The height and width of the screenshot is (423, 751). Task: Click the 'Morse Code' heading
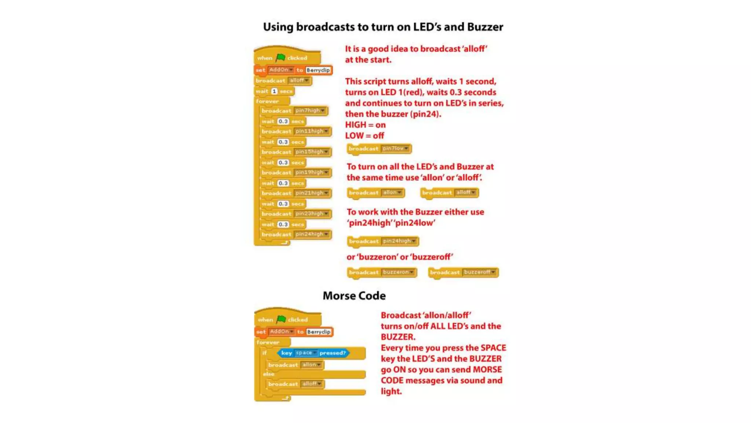354,296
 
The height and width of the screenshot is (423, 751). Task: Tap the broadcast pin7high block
293,111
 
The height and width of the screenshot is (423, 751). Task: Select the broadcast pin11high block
295,131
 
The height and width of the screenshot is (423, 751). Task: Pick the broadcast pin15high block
295,152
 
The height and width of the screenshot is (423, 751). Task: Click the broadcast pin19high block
295,172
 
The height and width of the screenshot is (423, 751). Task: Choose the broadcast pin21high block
295,193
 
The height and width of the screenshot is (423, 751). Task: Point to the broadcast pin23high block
295,213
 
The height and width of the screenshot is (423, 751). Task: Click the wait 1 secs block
274,91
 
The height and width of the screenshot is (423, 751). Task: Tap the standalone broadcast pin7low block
379,149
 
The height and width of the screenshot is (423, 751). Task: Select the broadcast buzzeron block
382,272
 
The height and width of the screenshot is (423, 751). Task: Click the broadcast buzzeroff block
463,272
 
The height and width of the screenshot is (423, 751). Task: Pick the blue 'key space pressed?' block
313,353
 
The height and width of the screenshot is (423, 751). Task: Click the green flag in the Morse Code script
281,319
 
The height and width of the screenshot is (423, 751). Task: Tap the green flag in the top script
281,57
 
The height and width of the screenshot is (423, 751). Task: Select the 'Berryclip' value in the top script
318,70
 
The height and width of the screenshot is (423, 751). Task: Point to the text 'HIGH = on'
365,125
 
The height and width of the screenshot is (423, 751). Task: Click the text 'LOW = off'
364,136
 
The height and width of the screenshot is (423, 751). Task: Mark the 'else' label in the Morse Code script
268,374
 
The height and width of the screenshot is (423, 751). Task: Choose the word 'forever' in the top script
267,101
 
